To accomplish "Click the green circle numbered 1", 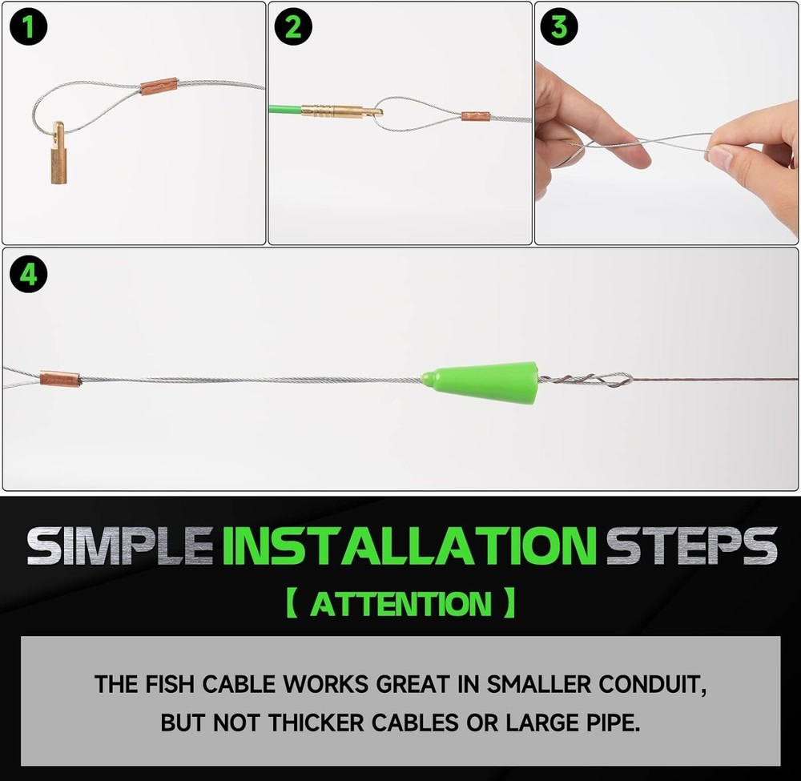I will coord(28,27).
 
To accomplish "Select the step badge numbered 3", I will coord(559,27).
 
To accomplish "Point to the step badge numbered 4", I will coord(28,275).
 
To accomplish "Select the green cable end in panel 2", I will coord(284,111).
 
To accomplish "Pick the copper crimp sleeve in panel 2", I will coord(475,117).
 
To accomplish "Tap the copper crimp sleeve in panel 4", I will coord(60,378).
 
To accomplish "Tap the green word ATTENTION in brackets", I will coord(400,603).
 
